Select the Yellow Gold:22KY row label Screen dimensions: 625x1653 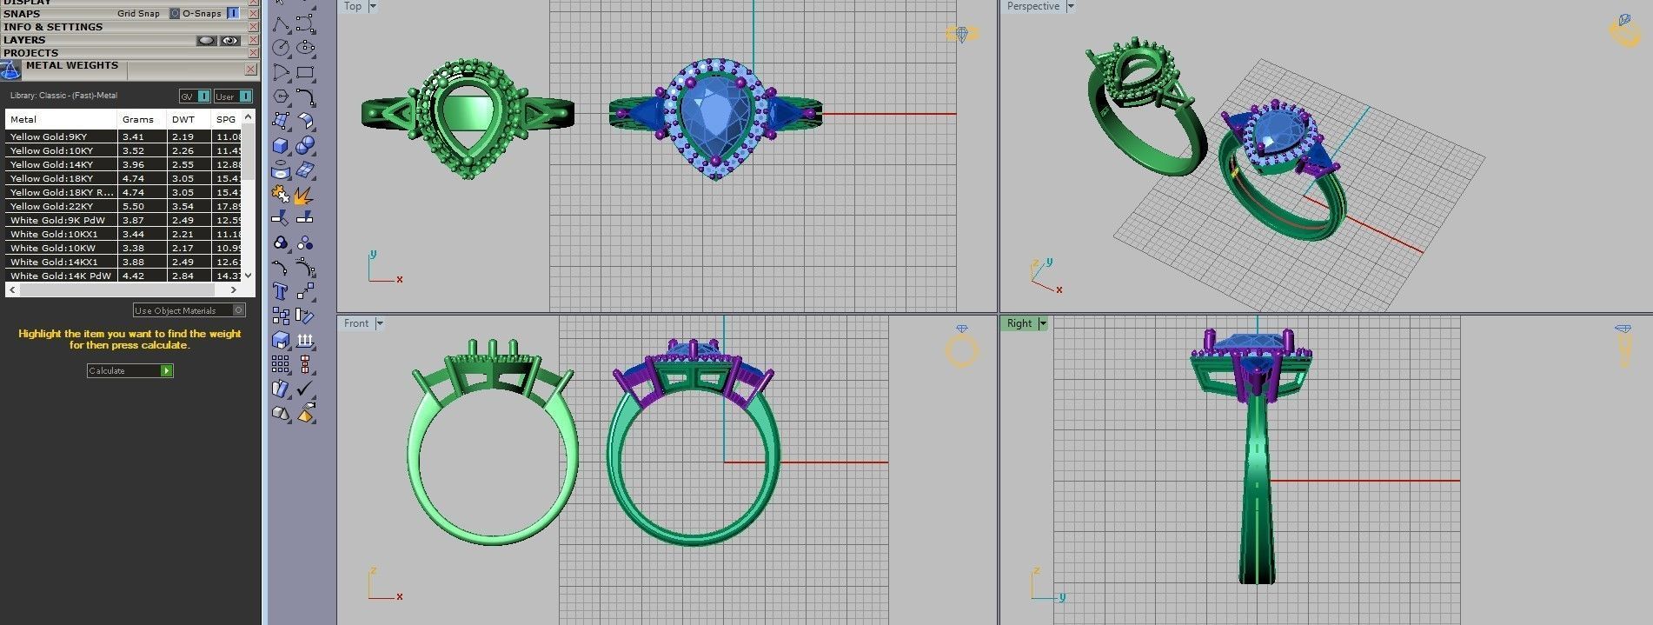(x=51, y=206)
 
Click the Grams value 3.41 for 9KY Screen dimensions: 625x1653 (x=133, y=136)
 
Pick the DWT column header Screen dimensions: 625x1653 (x=183, y=119)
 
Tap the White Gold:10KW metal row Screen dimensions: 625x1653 (x=52, y=248)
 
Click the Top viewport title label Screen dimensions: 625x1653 (x=353, y=6)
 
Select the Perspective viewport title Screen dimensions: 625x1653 (x=1032, y=6)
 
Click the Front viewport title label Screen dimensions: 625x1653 (x=356, y=323)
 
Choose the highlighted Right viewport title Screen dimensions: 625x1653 (x=1019, y=323)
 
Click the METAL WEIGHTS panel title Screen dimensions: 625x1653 (x=71, y=65)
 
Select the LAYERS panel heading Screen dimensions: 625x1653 (x=24, y=40)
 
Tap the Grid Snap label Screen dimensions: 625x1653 (x=138, y=14)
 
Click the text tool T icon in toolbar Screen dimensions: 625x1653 (x=280, y=291)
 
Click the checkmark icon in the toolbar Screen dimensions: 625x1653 (x=305, y=389)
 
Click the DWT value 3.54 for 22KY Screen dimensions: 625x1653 (x=183, y=206)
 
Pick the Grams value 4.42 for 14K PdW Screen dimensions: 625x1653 (x=133, y=276)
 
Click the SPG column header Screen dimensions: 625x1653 (x=226, y=119)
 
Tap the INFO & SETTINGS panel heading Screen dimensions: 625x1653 (x=53, y=27)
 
